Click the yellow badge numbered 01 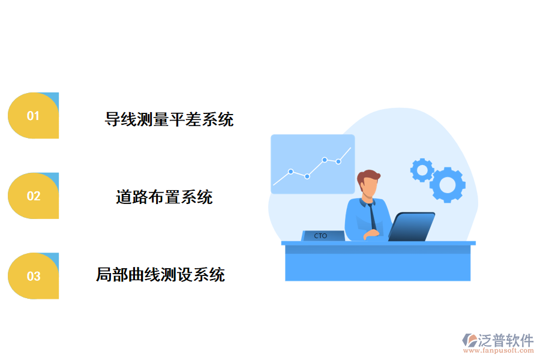(33, 116)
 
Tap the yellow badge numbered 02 (33, 196)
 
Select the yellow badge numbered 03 (33, 276)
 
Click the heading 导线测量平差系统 (169, 119)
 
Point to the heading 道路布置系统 (164, 197)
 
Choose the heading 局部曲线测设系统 (161, 275)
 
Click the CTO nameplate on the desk (322, 236)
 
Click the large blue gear (448, 184)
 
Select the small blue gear (422, 170)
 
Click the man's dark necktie (373, 214)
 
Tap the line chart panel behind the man (312, 164)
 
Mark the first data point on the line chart (290, 172)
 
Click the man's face (369, 188)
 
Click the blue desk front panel (377, 266)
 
